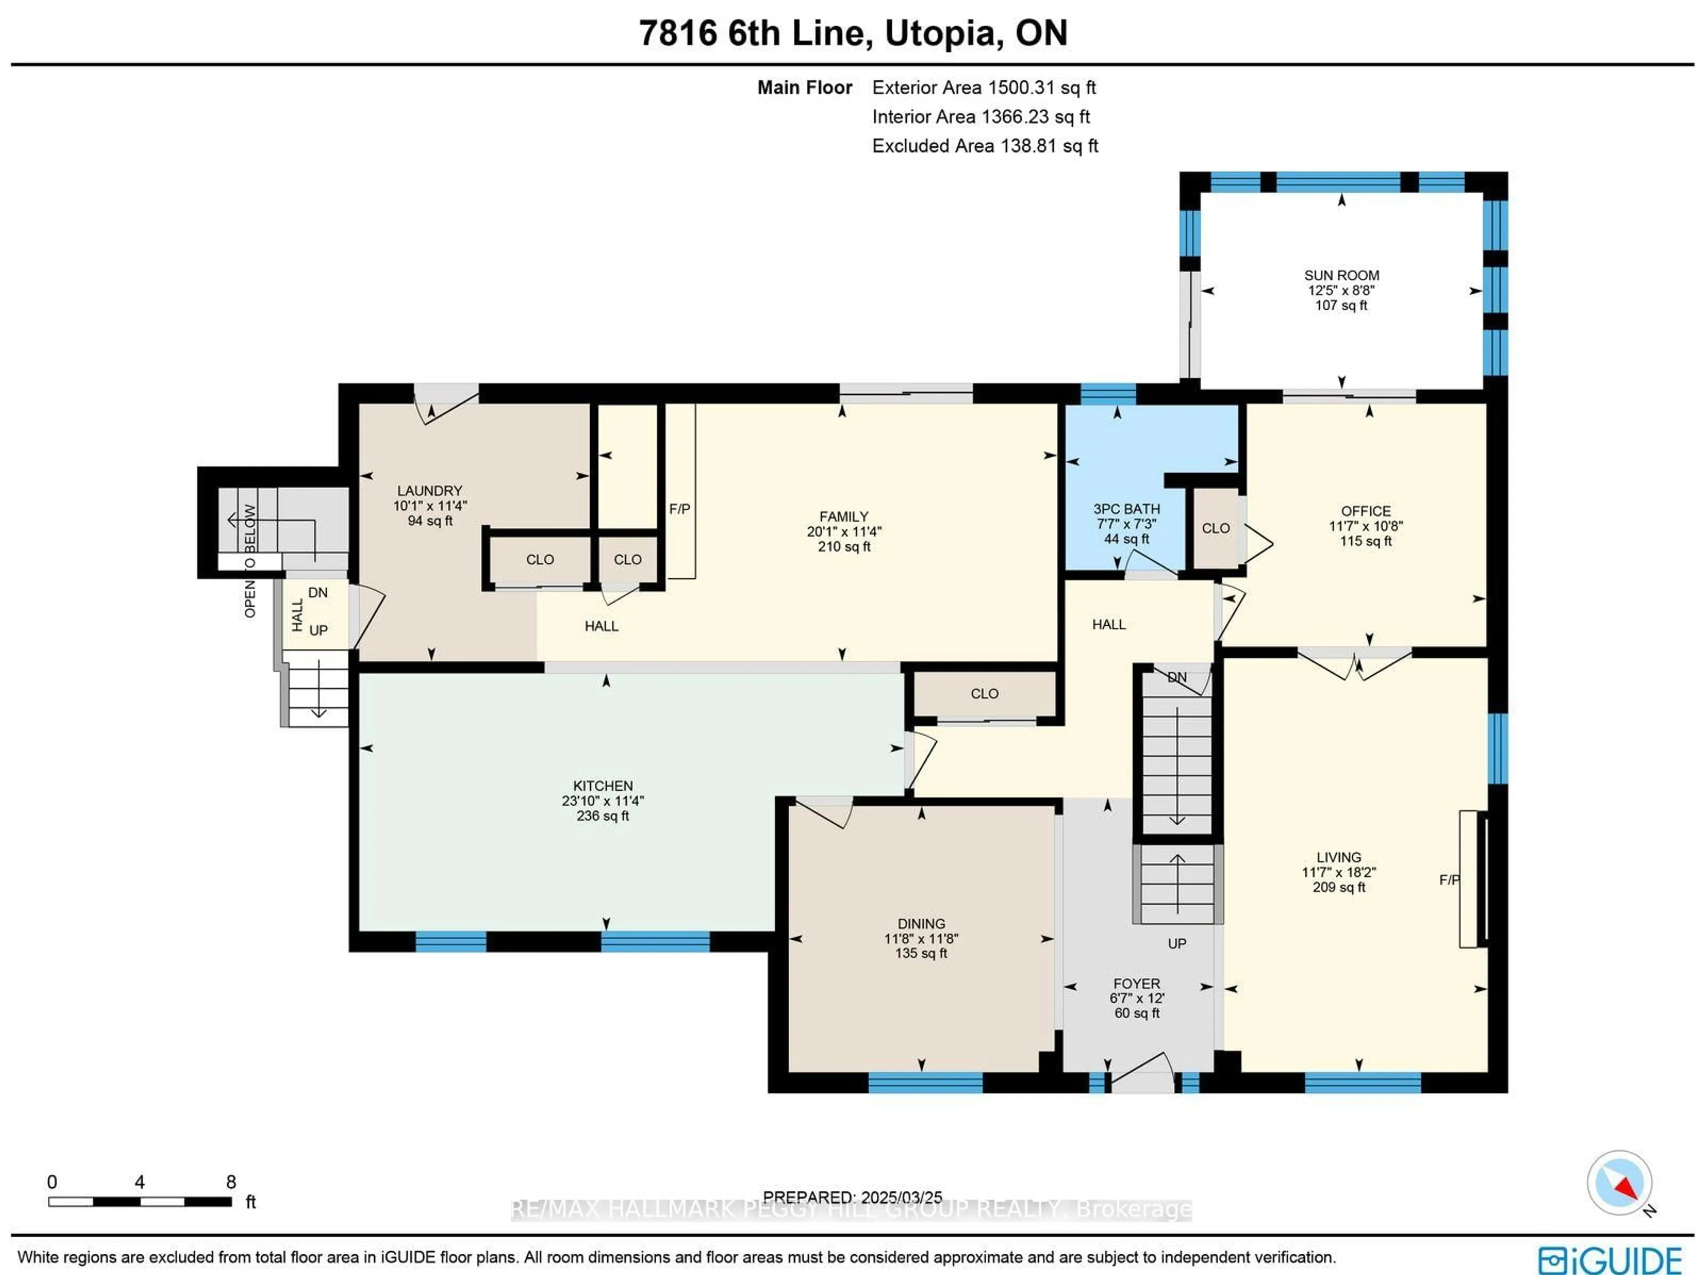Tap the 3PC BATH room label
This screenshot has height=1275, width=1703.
pyautogui.click(x=1126, y=509)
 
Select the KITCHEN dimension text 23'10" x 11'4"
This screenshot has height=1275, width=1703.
pyautogui.click(x=603, y=801)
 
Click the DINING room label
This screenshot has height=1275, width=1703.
pyautogui.click(x=921, y=924)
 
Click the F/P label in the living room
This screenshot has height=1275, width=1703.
pyautogui.click(x=1449, y=880)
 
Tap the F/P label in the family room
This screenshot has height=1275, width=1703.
pyautogui.click(x=679, y=509)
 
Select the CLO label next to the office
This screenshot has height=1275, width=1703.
pyautogui.click(x=1216, y=528)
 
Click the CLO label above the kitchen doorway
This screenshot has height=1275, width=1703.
pyautogui.click(x=984, y=694)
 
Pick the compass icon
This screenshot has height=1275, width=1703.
pyautogui.click(x=1619, y=1183)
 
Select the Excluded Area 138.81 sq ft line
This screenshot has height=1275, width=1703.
pyautogui.click(x=985, y=146)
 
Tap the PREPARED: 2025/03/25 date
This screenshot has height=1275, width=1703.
pyautogui.click(x=852, y=1197)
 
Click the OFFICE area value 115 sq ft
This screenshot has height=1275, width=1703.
pyautogui.click(x=1366, y=541)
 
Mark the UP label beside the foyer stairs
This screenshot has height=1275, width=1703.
pyautogui.click(x=1177, y=944)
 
